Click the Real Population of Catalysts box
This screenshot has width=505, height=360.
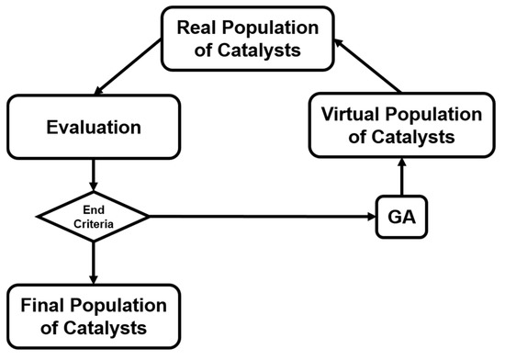pos(252,39)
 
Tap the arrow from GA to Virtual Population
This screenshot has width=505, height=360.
pos(399,179)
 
